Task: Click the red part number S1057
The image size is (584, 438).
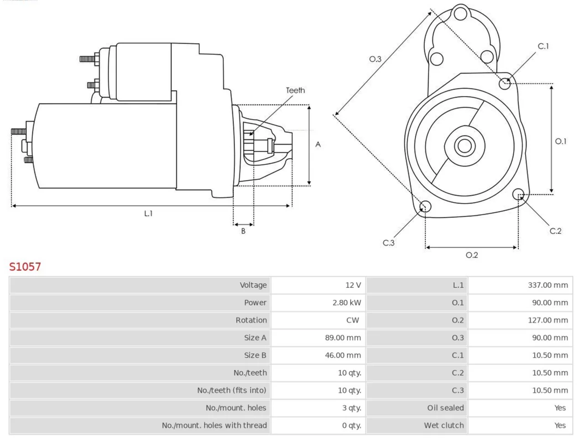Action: [25, 267]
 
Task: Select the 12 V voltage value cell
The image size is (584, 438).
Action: [353, 285]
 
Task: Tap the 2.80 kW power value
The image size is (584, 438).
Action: [347, 302]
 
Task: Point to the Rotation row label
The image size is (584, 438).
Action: [251, 320]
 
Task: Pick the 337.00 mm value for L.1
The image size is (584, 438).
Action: [548, 285]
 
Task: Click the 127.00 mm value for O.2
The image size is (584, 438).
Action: [548, 320]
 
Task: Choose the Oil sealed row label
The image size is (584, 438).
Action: [445, 408]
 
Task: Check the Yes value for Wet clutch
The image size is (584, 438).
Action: [560, 426]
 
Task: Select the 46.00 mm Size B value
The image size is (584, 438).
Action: [343, 355]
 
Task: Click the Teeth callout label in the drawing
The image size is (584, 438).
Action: [295, 90]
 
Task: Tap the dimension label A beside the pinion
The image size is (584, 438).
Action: [318, 145]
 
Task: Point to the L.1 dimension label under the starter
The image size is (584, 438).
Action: [148, 214]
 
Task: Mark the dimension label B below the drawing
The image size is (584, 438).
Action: [243, 231]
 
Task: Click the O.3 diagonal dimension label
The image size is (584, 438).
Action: [375, 59]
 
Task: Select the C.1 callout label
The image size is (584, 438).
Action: [543, 46]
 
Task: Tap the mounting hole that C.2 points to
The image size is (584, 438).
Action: [518, 194]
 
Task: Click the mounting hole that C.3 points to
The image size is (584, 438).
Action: [425, 206]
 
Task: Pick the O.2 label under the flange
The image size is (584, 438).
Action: [472, 255]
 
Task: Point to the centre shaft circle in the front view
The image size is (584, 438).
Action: [464, 146]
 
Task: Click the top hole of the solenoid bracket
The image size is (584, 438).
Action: [460, 14]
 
